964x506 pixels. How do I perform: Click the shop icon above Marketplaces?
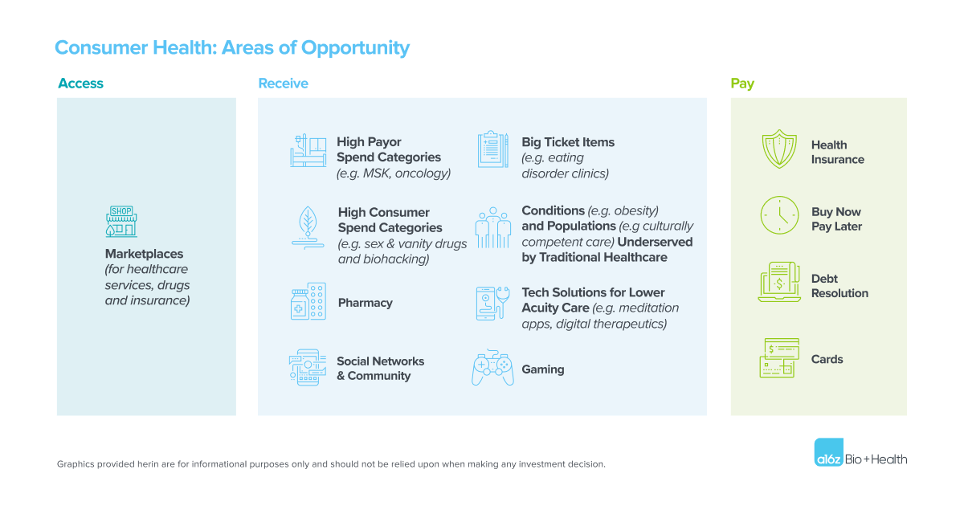tap(120, 220)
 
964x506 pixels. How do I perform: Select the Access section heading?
tap(80, 84)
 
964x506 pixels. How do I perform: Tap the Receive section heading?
tap(283, 84)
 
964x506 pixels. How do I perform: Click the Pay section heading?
tap(742, 84)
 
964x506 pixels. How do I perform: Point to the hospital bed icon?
tap(308, 150)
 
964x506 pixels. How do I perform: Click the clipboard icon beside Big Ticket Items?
tap(492, 149)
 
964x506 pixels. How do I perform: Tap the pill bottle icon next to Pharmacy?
tap(308, 302)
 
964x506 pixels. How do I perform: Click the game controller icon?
tap(492, 368)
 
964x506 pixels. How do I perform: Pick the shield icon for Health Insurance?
tap(778, 150)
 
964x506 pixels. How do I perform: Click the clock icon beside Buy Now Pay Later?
tap(779, 216)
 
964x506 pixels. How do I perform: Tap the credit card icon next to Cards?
tap(779, 358)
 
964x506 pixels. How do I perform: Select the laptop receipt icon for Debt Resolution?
tap(778, 283)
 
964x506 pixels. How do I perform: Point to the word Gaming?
tap(543, 369)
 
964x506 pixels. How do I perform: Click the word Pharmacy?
tap(365, 303)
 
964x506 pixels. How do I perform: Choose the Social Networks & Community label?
tap(380, 369)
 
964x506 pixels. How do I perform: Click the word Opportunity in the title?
tap(355, 47)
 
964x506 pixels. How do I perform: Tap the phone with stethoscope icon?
tap(492, 303)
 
